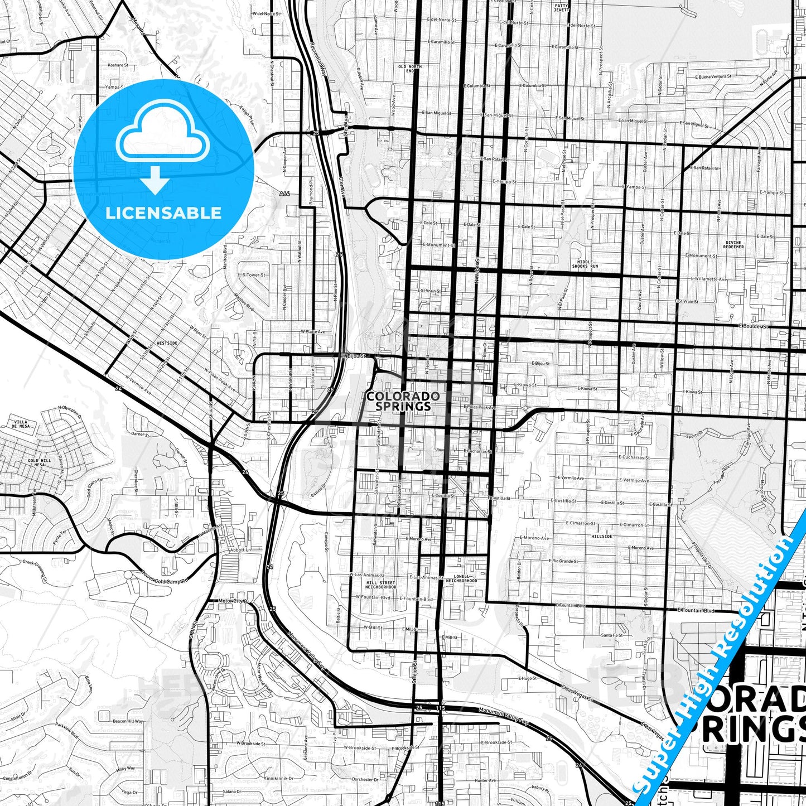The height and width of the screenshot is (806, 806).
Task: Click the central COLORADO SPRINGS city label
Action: pyautogui.click(x=403, y=401)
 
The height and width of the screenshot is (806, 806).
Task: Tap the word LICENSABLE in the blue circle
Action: pyautogui.click(x=163, y=213)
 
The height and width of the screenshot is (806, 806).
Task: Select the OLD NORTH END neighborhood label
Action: pyautogui.click(x=410, y=69)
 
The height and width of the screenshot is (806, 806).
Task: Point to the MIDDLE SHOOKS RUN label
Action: pyautogui.click(x=585, y=264)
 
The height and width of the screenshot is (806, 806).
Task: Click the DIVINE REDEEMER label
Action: pyautogui.click(x=733, y=244)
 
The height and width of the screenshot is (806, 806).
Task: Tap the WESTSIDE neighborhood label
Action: pyautogui.click(x=167, y=344)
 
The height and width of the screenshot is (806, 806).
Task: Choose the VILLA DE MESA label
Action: pyautogui.click(x=21, y=424)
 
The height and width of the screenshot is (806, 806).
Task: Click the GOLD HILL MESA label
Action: pyautogui.click(x=40, y=462)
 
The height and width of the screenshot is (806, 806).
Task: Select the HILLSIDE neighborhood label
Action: pyautogui.click(x=601, y=536)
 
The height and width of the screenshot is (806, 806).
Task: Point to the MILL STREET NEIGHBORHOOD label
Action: pyautogui.click(x=381, y=585)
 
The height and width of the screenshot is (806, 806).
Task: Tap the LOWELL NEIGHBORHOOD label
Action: pyautogui.click(x=461, y=578)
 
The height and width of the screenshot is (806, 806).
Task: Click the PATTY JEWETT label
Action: pyautogui.click(x=561, y=8)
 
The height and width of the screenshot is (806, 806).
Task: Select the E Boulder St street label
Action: pyautogui.click(x=753, y=326)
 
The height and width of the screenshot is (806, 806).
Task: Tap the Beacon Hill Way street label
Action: pyautogui.click(x=128, y=721)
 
